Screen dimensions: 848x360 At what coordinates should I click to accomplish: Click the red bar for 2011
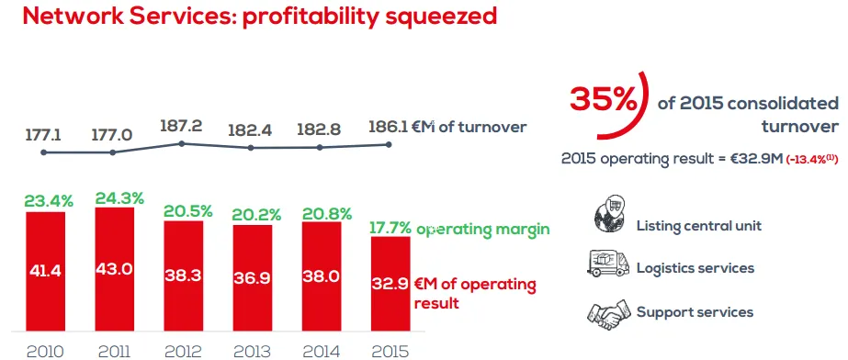pyautogui.click(x=115, y=269)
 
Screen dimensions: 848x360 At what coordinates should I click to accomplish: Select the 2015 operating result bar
pyautogui.click(x=390, y=284)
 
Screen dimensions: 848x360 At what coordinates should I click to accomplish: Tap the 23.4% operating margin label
pyautogui.click(x=49, y=202)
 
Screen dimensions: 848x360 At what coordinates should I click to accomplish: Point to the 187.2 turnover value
pyautogui.click(x=181, y=126)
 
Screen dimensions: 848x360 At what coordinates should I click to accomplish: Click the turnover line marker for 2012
pyautogui.click(x=182, y=144)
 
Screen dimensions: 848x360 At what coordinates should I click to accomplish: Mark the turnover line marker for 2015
pyautogui.click(x=389, y=144)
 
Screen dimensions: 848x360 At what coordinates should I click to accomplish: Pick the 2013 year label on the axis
pyautogui.click(x=253, y=352)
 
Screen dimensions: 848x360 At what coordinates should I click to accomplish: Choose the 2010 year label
pyautogui.click(x=45, y=352)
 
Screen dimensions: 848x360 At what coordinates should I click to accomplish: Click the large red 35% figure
pyautogui.click(x=603, y=99)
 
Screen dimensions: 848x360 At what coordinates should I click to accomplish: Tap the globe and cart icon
pyautogui.click(x=608, y=214)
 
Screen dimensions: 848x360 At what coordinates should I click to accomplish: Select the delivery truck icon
pyautogui.click(x=607, y=264)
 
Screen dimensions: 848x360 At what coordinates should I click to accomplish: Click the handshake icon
pyautogui.click(x=608, y=313)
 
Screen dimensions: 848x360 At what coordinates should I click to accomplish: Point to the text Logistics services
pyautogui.click(x=695, y=268)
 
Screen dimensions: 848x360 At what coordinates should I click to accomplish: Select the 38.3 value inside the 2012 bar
pyautogui.click(x=184, y=276)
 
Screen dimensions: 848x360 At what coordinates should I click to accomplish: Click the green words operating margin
pyautogui.click(x=483, y=230)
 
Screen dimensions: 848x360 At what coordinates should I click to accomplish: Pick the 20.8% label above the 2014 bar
pyautogui.click(x=326, y=213)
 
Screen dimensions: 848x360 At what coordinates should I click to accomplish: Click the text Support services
pyautogui.click(x=695, y=312)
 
